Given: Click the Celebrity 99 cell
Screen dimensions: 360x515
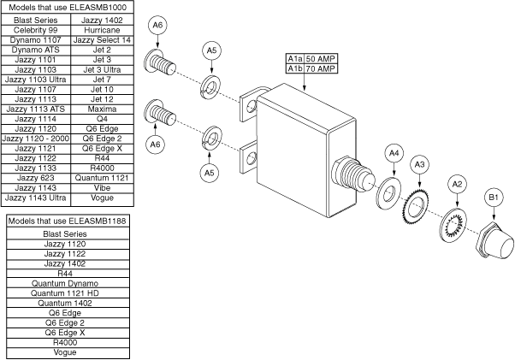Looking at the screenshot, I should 35,30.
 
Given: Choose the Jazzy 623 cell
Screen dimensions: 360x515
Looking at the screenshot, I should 35,176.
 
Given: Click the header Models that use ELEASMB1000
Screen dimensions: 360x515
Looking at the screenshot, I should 69,7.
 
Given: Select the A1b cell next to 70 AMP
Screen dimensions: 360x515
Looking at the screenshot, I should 294,68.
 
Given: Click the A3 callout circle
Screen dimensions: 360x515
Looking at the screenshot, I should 419,162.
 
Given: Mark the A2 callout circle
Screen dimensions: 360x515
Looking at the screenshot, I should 457,183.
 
